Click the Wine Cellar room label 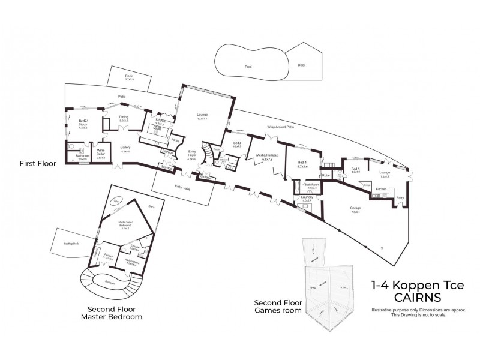pos(101,152)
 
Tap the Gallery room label pos(125,149)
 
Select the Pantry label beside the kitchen pos(176,140)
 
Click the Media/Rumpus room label pos(265,157)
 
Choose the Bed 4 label pos(302,163)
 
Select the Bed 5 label pos(356,170)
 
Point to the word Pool pos(247,67)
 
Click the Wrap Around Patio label pos(281,127)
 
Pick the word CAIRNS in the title pos(418,298)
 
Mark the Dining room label pos(124,118)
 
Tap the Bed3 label pos(236,143)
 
